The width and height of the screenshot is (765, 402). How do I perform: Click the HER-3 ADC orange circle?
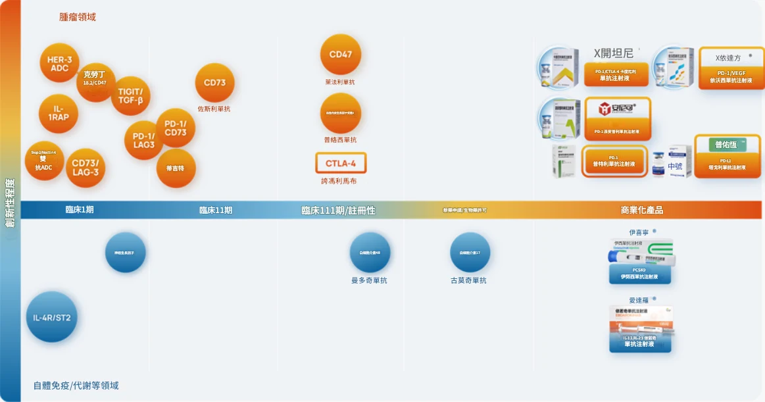click(59, 63)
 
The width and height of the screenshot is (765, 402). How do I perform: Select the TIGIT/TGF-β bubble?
click(130, 95)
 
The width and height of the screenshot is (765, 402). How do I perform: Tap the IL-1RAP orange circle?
click(59, 113)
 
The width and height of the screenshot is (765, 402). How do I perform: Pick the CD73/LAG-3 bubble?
click(86, 168)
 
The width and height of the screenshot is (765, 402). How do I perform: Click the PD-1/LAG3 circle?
click(143, 140)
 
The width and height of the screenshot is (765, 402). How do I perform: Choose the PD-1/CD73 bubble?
click(176, 128)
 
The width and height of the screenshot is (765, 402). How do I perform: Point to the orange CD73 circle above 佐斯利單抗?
click(214, 83)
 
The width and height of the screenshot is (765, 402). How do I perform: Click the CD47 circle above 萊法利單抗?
click(341, 54)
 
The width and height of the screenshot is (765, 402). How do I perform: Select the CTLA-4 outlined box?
click(341, 163)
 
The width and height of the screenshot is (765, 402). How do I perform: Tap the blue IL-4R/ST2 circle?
click(52, 317)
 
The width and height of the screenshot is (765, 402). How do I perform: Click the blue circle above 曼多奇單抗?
click(370, 252)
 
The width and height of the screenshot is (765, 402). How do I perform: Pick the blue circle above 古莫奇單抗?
click(470, 252)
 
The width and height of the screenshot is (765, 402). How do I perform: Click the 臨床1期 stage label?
click(80, 210)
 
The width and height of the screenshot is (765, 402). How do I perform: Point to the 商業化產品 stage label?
click(641, 210)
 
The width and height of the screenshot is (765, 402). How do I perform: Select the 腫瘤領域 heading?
click(78, 17)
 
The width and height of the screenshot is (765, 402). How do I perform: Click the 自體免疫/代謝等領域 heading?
click(76, 386)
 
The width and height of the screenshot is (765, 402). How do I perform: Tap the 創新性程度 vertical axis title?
click(10, 202)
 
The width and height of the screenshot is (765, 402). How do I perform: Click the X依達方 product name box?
click(728, 59)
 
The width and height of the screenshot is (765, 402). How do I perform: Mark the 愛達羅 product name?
click(638, 300)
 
